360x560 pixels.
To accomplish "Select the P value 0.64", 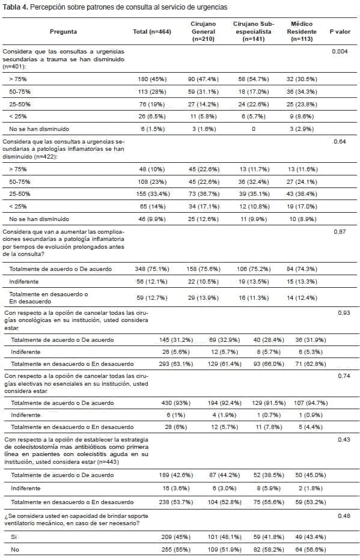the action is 340,142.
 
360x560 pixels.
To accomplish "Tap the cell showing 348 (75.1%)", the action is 153,269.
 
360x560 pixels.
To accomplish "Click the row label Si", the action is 13,537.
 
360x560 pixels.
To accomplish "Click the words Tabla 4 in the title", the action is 16,7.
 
